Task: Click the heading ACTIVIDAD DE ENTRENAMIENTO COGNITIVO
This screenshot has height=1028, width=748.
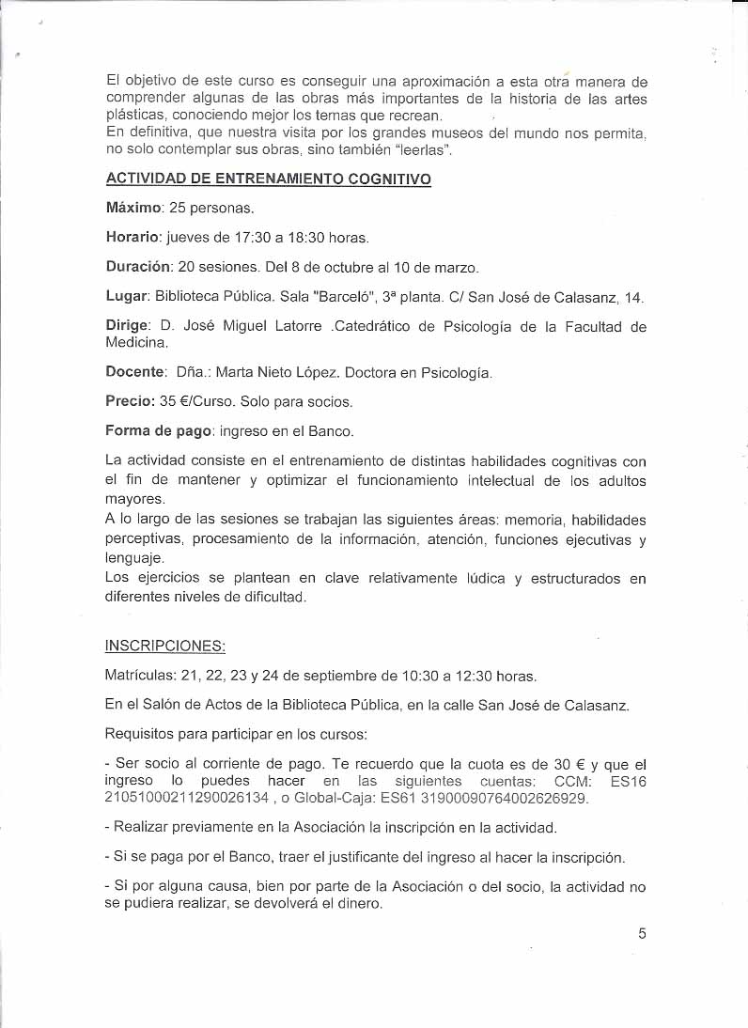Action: (269, 179)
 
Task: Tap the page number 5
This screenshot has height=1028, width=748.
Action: (642, 933)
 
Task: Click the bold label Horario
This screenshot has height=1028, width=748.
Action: (133, 237)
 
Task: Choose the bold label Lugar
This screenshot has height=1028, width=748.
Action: (127, 297)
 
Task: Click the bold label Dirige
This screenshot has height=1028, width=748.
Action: (129, 327)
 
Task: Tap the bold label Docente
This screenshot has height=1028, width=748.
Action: (136, 372)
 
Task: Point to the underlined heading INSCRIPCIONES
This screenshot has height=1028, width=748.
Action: (165, 646)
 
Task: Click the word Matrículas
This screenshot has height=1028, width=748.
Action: (142, 677)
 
